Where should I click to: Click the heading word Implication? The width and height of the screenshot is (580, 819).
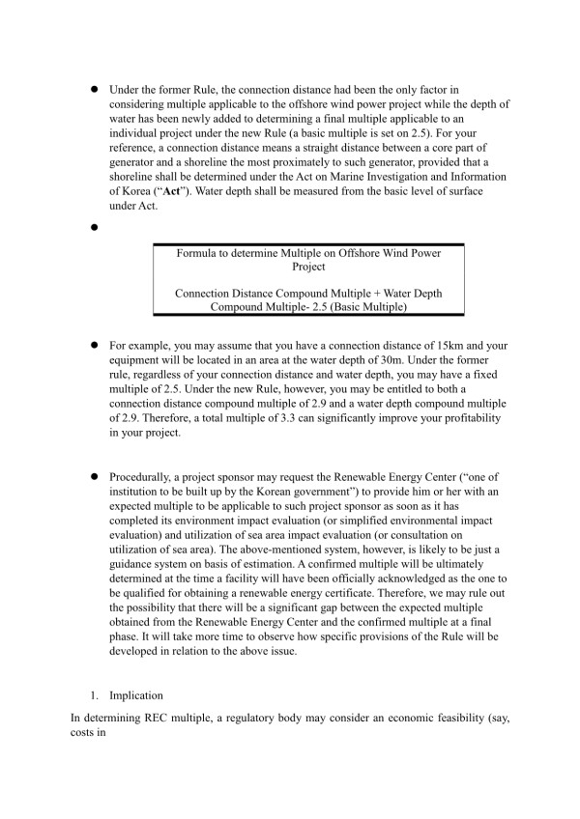tap(137, 694)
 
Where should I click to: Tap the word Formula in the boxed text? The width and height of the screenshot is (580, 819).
tap(198, 253)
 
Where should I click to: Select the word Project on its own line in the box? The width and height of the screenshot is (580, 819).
tap(309, 267)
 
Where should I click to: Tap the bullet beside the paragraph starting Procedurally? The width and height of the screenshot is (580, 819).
tap(97, 478)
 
